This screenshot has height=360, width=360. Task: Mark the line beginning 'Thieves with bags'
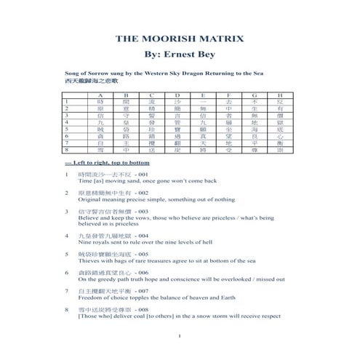tap(153, 262)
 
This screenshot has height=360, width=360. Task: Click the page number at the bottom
tap(179, 335)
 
